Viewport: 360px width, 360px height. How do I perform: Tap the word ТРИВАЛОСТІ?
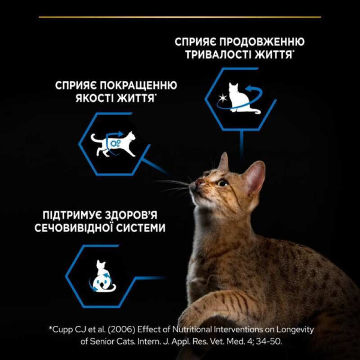click(211, 54)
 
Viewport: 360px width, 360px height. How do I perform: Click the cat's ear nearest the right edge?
click(255, 176)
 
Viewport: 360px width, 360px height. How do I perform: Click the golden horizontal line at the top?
click(180, 17)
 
